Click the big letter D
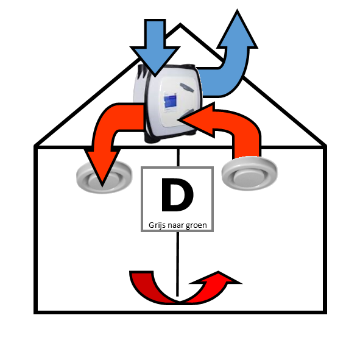(x=177, y=195)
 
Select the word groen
(x=196, y=226)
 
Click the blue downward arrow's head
(x=155, y=61)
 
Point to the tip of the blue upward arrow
(x=237, y=10)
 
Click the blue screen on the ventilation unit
(x=170, y=102)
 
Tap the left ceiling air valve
(x=104, y=177)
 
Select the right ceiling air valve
(x=250, y=174)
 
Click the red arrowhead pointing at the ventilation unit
(x=197, y=120)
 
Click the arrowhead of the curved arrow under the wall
(x=216, y=278)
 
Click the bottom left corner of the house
(x=35, y=312)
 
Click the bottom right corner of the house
(x=325, y=312)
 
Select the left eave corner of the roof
(x=35, y=146)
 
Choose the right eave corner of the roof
(x=325, y=146)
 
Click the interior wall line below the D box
(x=177, y=264)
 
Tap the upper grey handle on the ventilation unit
(x=186, y=88)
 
